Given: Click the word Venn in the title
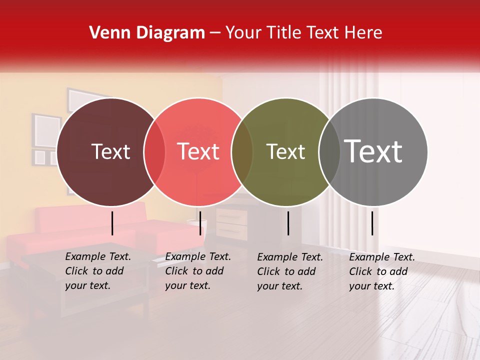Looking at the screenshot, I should tap(107, 33).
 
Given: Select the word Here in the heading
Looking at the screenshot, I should tap(364, 33).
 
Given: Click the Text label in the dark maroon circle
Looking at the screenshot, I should tap(110, 152).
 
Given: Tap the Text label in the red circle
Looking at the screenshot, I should tap(198, 152).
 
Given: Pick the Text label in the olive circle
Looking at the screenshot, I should tap(285, 152).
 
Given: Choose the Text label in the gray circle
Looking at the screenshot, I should tap(373, 152).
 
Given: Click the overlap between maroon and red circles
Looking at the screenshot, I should tap(154, 152).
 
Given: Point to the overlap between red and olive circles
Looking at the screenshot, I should tap(242, 152).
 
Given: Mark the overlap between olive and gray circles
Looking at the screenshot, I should tap(329, 152).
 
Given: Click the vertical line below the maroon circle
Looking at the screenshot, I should tap(112, 223).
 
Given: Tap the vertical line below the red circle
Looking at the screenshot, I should tap(200, 223).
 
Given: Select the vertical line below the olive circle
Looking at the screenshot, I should tap(288, 223).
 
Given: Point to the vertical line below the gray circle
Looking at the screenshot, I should tap(372, 223).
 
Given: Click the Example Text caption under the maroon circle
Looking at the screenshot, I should tap(98, 271).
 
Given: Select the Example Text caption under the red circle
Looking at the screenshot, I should tap(198, 271).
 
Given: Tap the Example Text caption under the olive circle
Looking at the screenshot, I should tap(290, 271).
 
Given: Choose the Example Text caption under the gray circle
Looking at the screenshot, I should tap(382, 271).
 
